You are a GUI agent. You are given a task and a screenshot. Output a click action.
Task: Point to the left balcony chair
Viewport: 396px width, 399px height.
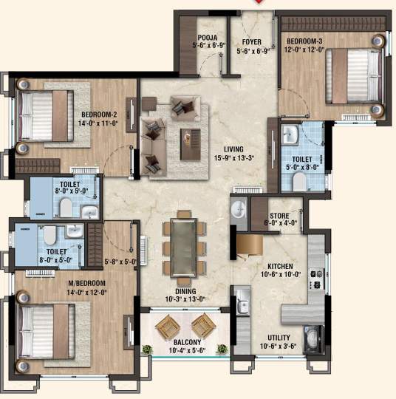[168, 324]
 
